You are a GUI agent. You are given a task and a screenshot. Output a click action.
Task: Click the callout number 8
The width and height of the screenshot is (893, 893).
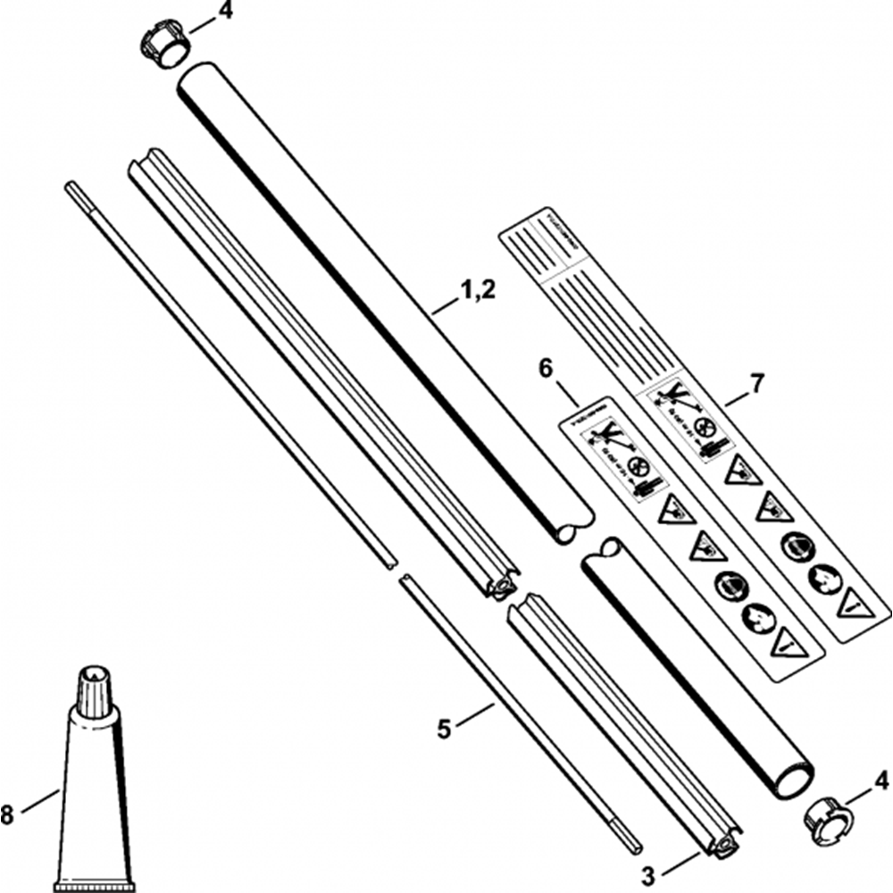pyautogui.click(x=8, y=814)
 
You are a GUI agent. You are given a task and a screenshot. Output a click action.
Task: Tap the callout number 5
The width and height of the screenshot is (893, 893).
pyautogui.click(x=444, y=730)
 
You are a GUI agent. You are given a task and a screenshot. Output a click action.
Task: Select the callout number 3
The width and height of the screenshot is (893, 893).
pyautogui.click(x=650, y=873)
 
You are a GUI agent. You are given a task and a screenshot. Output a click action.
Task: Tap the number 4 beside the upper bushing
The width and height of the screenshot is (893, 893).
pyautogui.click(x=226, y=13)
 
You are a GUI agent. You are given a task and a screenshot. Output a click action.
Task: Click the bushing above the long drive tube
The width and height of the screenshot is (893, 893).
pyautogui.click(x=163, y=45)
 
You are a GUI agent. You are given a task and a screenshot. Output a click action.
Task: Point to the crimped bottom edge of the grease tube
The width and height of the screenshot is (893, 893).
pyautogui.click(x=94, y=888)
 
